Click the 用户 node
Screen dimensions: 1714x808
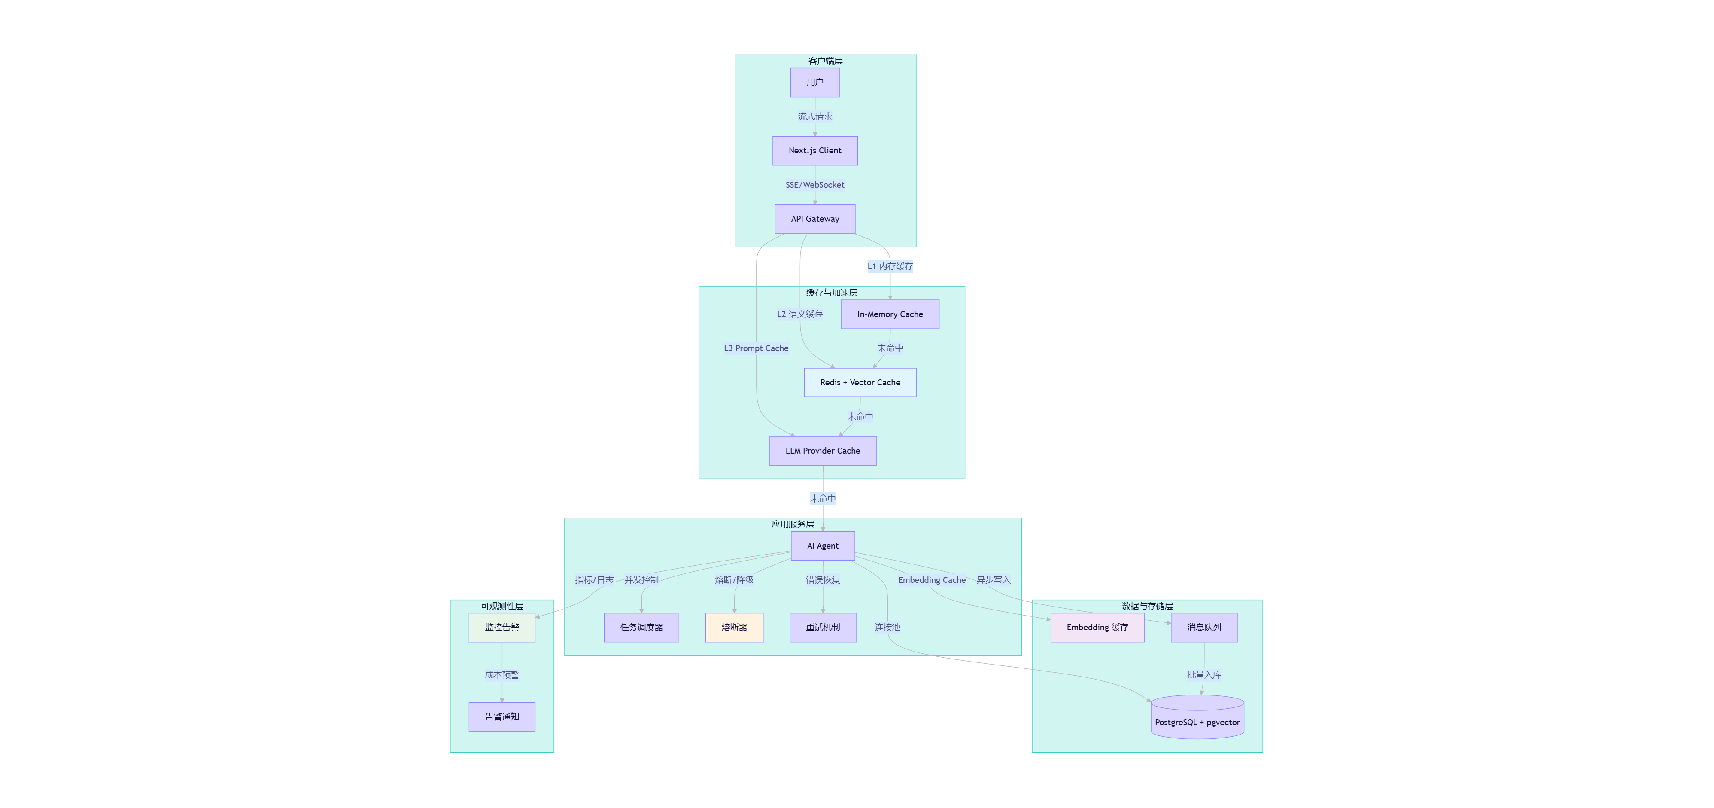pyautogui.click(x=814, y=82)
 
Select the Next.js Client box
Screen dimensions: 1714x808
pyautogui.click(x=814, y=150)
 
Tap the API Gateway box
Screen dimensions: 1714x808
pyautogui.click(x=814, y=219)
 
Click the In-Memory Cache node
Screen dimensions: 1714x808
pyautogui.click(x=890, y=314)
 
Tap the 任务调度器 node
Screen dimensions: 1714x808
pyautogui.click(x=641, y=627)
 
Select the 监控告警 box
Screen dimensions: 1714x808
pyautogui.click(x=501, y=627)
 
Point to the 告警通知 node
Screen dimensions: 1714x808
pyautogui.click(x=501, y=717)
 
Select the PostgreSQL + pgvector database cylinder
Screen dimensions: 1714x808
pyautogui.click(x=1197, y=717)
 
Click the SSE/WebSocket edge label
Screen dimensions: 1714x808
pyautogui.click(x=814, y=185)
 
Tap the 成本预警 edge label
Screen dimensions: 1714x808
pyautogui.click(x=501, y=675)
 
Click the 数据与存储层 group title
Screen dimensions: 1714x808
pyautogui.click(x=1147, y=607)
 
